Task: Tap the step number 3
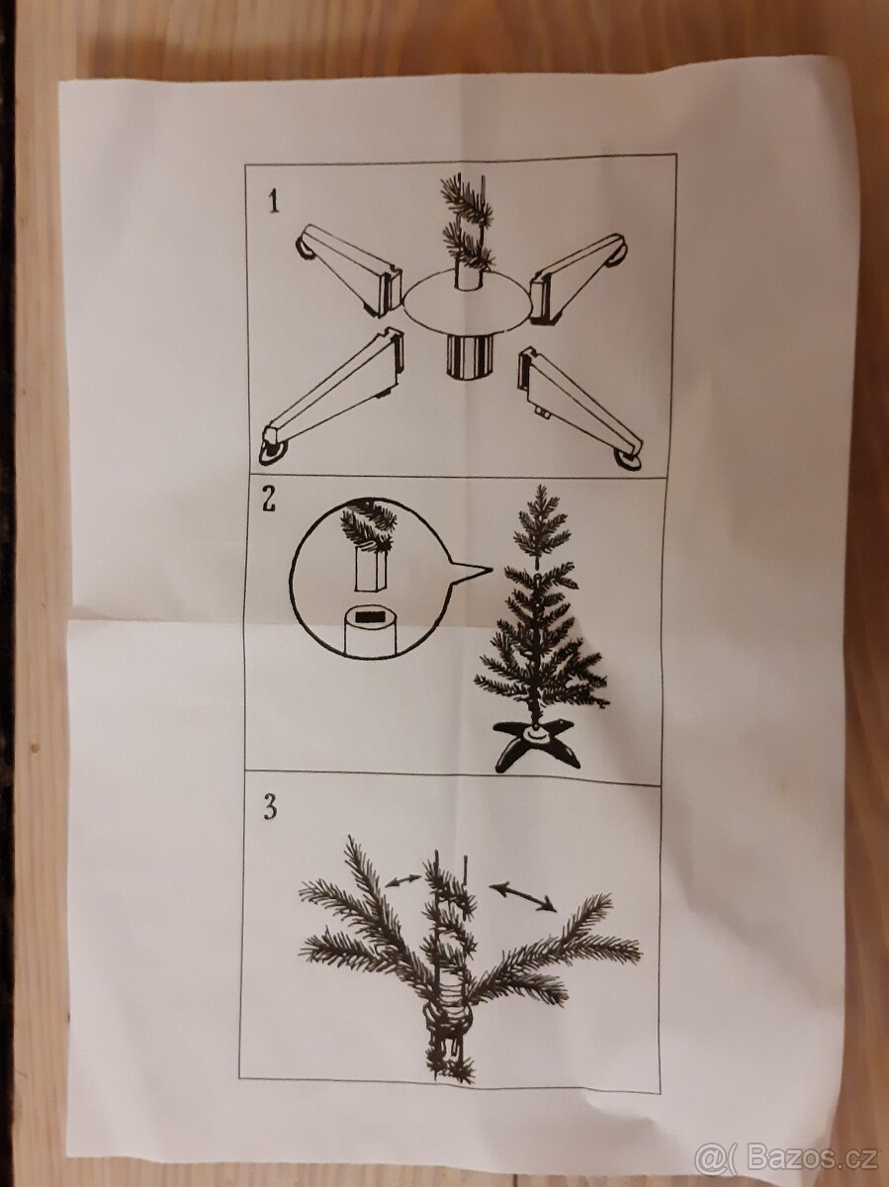pyautogui.click(x=269, y=807)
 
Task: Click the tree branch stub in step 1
pyautogui.click(x=467, y=226)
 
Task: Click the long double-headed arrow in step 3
pyautogui.click(x=523, y=896)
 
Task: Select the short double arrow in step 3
pyautogui.click(x=401, y=878)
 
